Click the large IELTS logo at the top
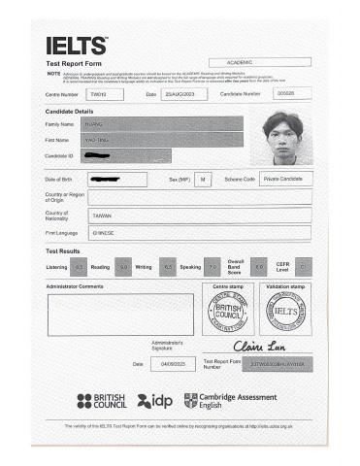(76, 47)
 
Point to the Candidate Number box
(285, 94)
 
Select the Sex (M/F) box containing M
(204, 180)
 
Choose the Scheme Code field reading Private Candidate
(285, 180)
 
